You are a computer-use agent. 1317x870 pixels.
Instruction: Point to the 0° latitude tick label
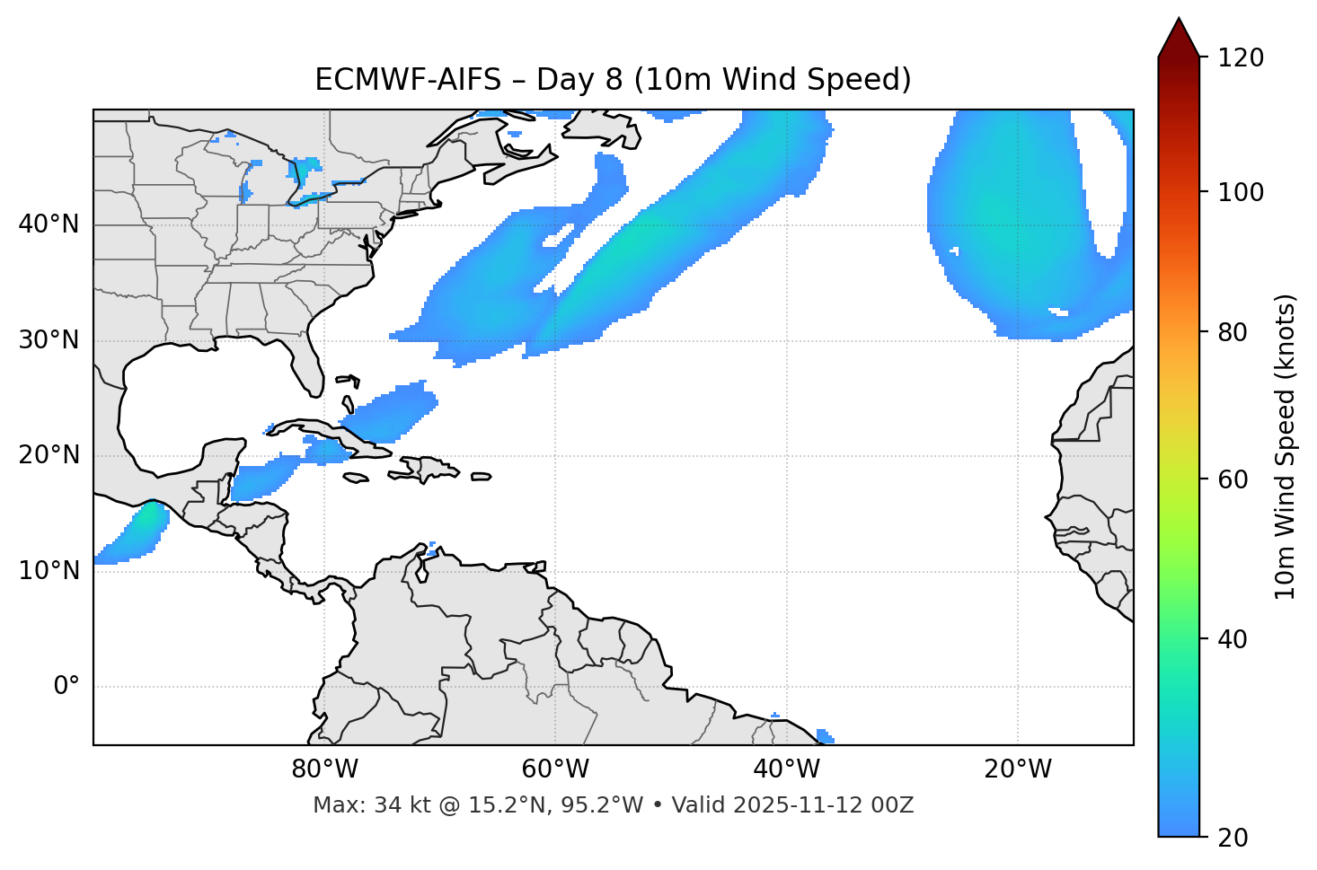coord(66,687)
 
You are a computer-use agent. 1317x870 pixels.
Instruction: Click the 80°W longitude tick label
coord(324,769)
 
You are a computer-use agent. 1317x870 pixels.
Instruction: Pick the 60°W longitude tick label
coord(555,769)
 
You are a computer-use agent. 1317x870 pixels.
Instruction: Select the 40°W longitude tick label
coord(786,769)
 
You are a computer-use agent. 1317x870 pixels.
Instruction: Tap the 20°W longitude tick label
coord(1017,769)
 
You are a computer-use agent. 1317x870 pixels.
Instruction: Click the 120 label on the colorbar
coord(1241,58)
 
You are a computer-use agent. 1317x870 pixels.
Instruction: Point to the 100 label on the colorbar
coord(1241,192)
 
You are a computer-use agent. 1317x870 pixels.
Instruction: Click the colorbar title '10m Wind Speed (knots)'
coord(1286,447)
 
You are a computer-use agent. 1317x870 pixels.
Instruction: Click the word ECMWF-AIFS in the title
coord(408,80)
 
